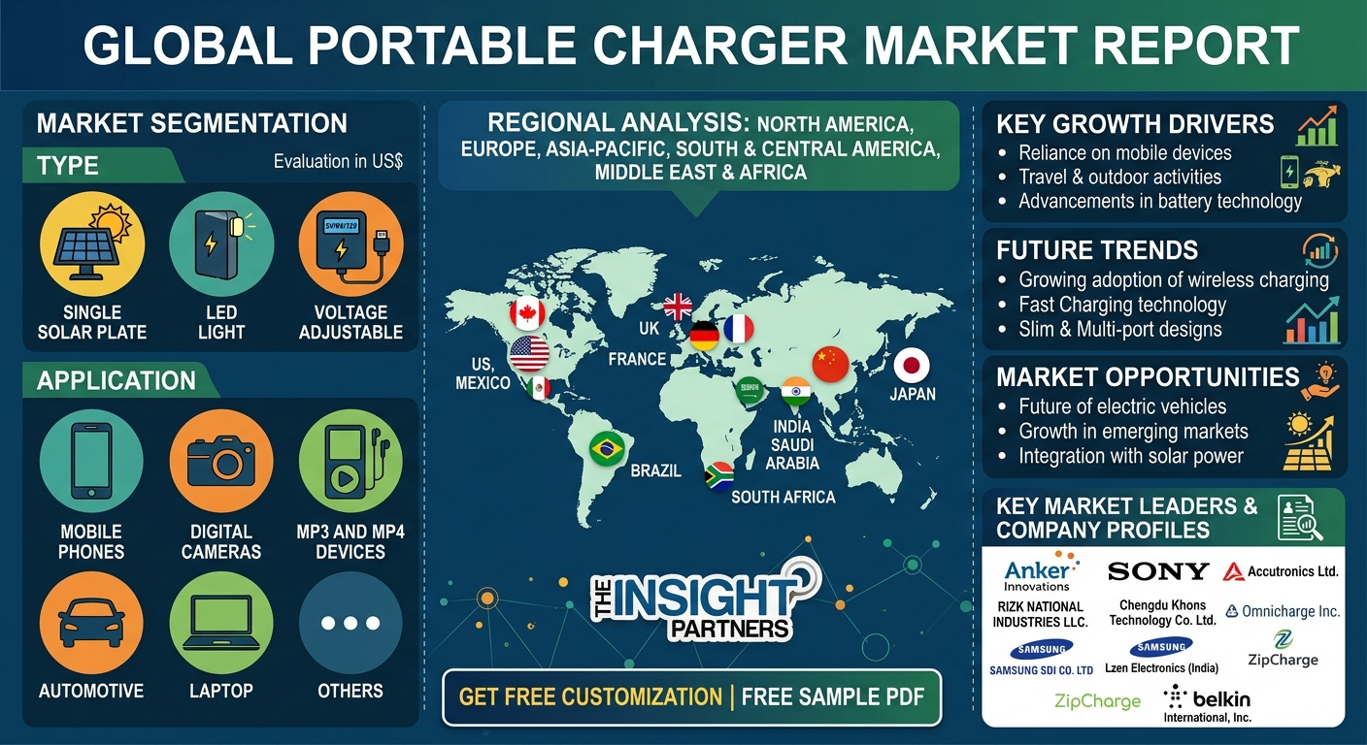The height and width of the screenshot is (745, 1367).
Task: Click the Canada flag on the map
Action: pyautogui.click(x=527, y=313)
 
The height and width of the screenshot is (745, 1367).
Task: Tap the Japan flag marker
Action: pyautogui.click(x=912, y=366)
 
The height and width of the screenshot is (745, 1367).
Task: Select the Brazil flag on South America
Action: pyautogui.click(x=607, y=449)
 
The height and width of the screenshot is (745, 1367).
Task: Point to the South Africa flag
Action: pyautogui.click(x=718, y=476)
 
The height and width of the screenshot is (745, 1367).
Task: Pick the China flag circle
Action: pyautogui.click(x=830, y=364)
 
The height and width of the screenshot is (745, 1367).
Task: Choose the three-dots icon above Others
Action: pyautogui.click(x=350, y=623)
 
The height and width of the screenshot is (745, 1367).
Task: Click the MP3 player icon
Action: pyautogui.click(x=350, y=461)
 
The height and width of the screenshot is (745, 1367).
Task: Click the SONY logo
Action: pyautogui.click(x=1157, y=571)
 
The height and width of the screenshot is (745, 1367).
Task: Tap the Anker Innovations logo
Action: pyautogui.click(x=1040, y=571)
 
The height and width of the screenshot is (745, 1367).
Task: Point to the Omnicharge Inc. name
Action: pyautogui.click(x=1283, y=611)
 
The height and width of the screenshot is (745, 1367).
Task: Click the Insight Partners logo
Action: pyautogui.click(x=705, y=600)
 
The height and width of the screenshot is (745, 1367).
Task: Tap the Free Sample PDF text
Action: pyautogui.click(x=833, y=696)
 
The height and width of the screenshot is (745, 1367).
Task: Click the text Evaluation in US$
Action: pyautogui.click(x=338, y=162)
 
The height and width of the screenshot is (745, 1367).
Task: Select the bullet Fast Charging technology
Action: pyautogui.click(x=1122, y=305)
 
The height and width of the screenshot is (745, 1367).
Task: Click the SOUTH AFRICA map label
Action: pyautogui.click(x=784, y=498)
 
